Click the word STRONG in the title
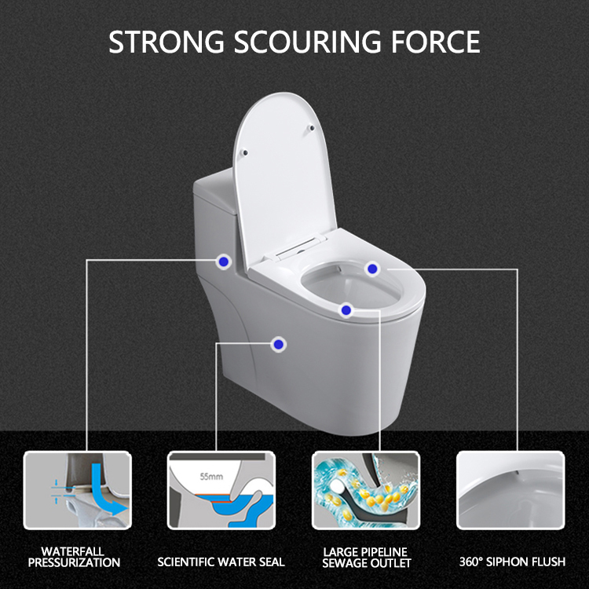(166, 42)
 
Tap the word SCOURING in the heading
(307, 42)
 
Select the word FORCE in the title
(435, 42)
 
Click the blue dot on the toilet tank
(224, 262)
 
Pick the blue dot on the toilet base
(278, 344)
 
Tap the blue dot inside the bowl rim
(372, 269)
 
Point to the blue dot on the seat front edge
(346, 310)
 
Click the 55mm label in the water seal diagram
(211, 477)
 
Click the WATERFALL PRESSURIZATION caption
(74, 557)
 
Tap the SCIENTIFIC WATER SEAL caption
(221, 562)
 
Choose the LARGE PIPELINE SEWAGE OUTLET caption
(366, 558)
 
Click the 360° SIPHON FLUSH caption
(512, 562)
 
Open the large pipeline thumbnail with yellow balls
(366, 490)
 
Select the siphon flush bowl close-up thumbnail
(510, 490)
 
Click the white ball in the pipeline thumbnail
(337, 487)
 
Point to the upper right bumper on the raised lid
(312, 128)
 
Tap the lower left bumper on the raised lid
(244, 152)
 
